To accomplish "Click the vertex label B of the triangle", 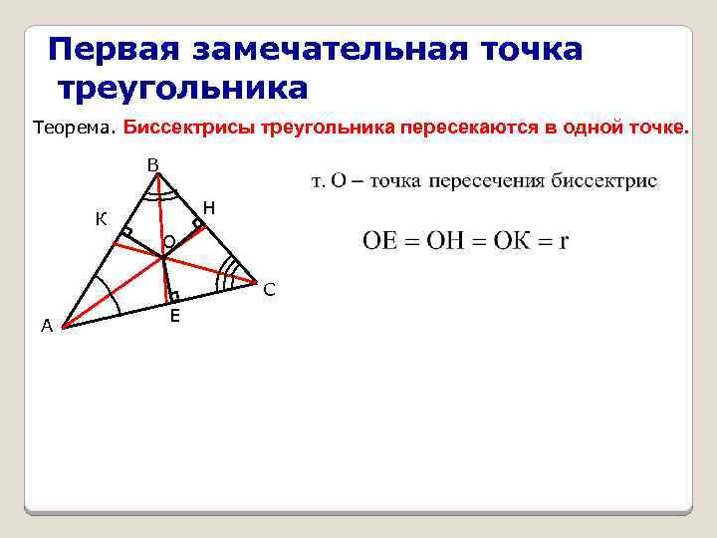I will pos(151,164).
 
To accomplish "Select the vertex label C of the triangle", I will pos(269,291).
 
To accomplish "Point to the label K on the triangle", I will pos(102,218).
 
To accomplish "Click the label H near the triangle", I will pos(208,207).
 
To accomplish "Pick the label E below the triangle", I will pos(174,316).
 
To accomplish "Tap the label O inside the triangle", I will pos(168,241).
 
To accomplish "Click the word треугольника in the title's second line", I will pos(183,88).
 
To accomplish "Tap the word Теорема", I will pos(75,129).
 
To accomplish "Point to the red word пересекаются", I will pos(466,129).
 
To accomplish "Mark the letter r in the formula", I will pos(564,242).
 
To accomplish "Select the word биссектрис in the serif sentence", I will pos(607,181).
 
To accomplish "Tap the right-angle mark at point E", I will pos(173,296).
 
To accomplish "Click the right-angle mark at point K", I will pos(126,234).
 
